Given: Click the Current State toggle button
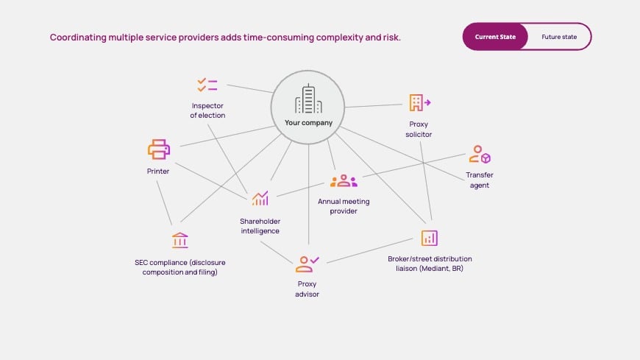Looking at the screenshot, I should [495, 36].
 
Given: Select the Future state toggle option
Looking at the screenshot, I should [558, 36].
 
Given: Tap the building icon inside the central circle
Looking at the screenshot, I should [309, 99].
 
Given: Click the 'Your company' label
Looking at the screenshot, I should [309, 123].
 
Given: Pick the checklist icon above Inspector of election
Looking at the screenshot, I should [207, 85].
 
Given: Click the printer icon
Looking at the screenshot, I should [158, 149].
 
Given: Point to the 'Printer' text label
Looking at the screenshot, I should [158, 172].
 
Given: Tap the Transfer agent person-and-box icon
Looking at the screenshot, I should [479, 155].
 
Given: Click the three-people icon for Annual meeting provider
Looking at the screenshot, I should [344, 180].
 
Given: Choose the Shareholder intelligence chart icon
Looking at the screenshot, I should [260, 198].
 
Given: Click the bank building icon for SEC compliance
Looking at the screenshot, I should [179, 240].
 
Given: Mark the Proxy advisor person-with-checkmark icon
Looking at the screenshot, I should [307, 264].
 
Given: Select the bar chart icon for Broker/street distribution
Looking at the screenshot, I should [430, 238].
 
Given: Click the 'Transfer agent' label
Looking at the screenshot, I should [479, 180].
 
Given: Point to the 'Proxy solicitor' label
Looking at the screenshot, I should [419, 130].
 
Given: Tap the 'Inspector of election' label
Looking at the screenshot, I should [207, 110].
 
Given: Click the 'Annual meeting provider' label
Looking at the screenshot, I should [344, 206].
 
